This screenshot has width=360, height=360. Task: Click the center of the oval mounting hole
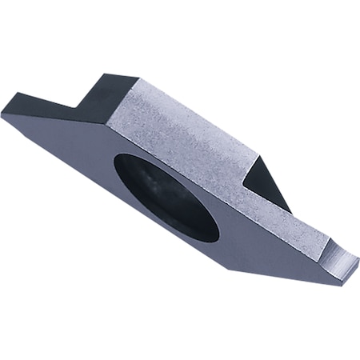click(x=166, y=196)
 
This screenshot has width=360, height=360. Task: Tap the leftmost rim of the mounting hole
click(x=114, y=171)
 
